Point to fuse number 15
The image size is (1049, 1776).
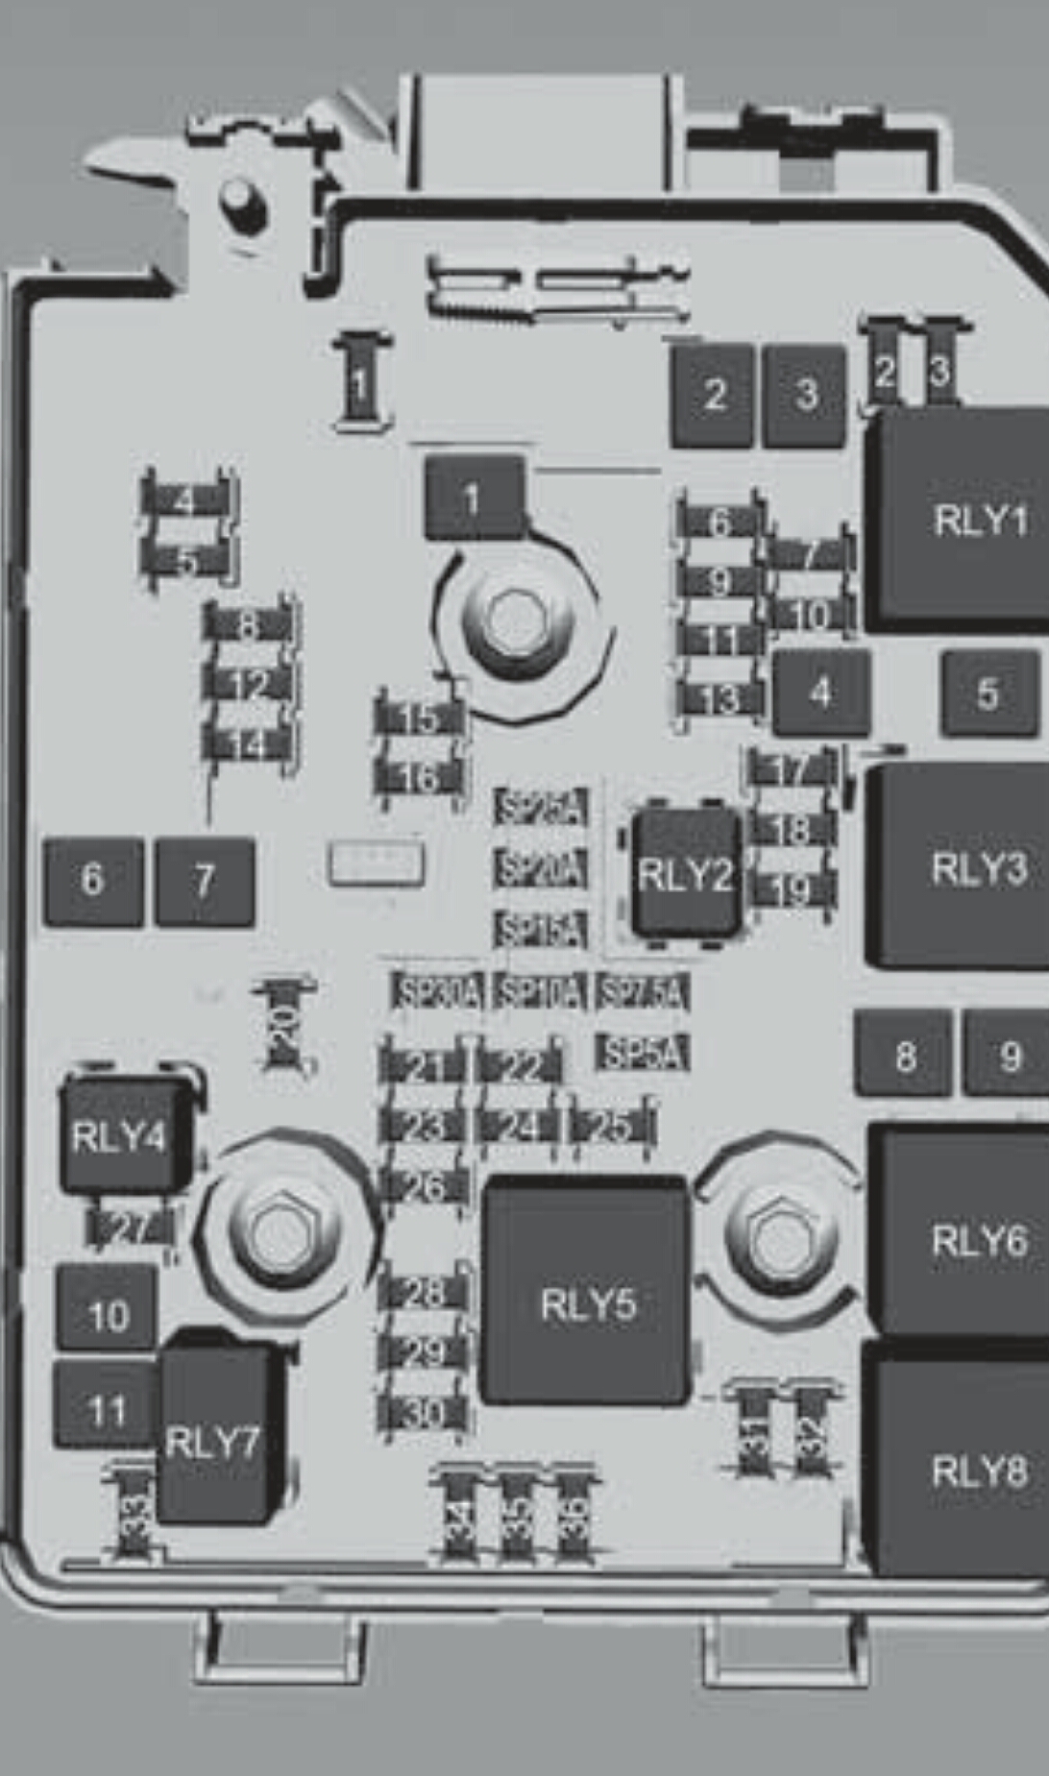tap(420, 718)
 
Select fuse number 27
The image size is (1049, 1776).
tap(132, 1228)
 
